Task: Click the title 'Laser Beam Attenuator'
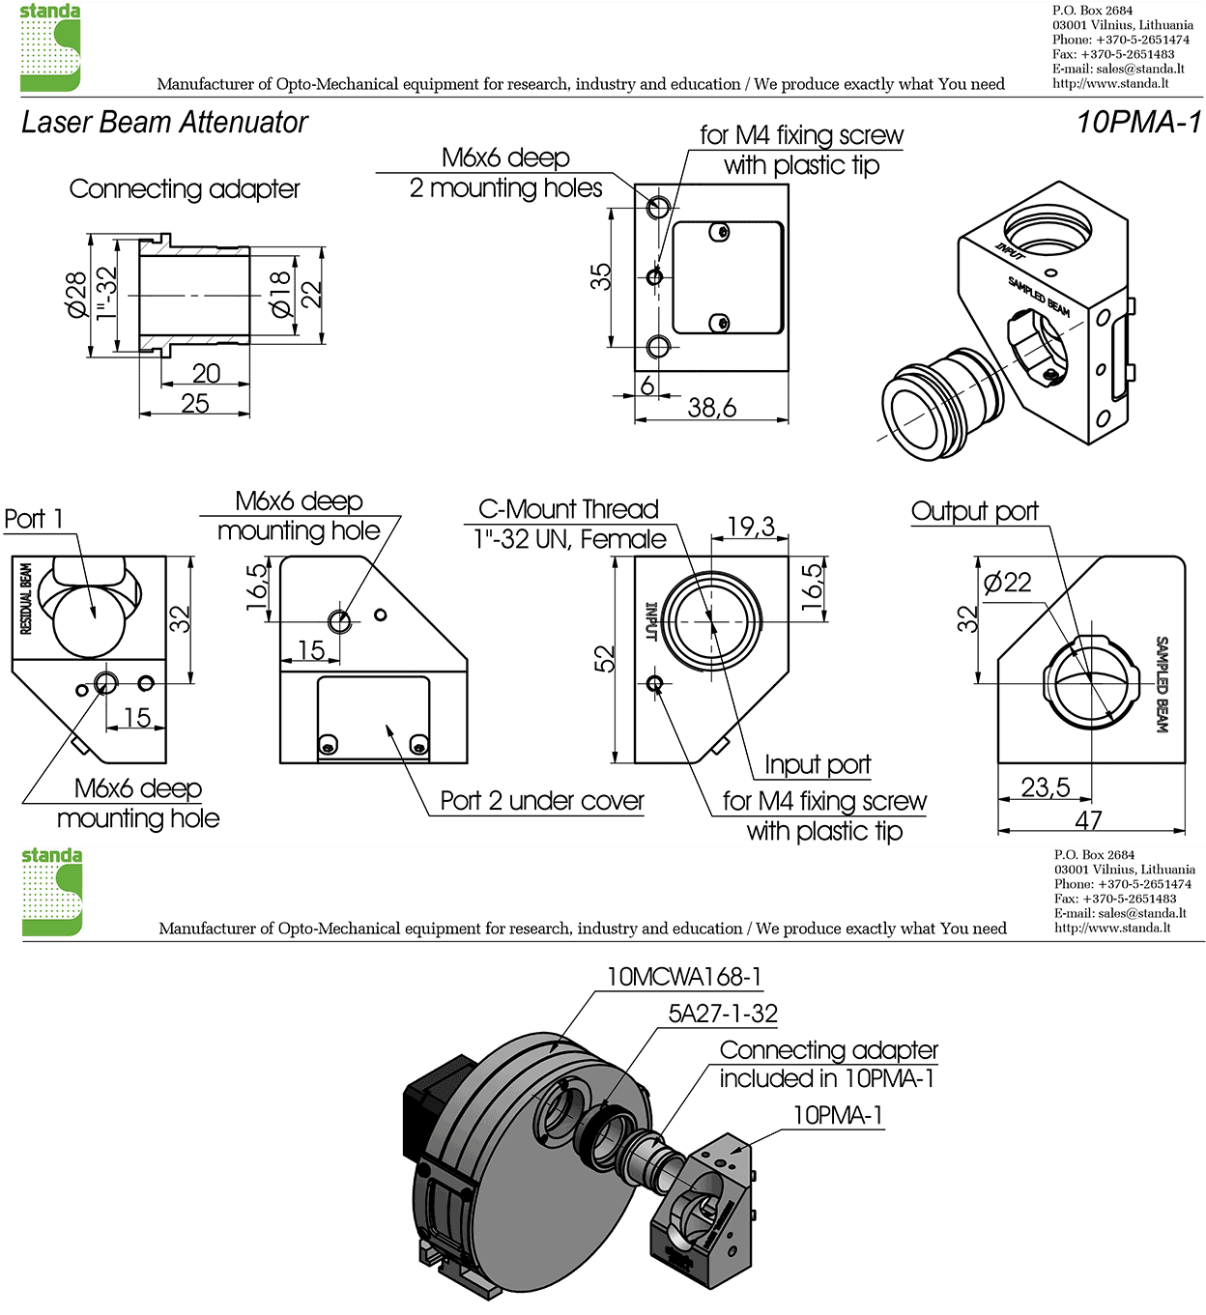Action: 164,123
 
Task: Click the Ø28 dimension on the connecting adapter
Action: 76,295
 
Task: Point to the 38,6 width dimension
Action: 711,408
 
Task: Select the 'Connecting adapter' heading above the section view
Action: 185,188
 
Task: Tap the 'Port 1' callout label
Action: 33,519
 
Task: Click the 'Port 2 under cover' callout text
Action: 541,801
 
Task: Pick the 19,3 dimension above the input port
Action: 751,527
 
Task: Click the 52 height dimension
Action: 604,659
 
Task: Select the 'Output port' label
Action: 974,511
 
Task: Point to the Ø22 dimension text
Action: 1007,583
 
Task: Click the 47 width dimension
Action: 1088,820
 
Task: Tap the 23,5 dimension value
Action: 1046,787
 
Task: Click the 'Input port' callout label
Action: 818,765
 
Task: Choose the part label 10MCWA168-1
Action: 683,977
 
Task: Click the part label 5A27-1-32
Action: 723,1014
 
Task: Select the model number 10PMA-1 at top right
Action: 1138,123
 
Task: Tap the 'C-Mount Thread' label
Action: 568,509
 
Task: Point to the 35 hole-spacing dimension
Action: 601,277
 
